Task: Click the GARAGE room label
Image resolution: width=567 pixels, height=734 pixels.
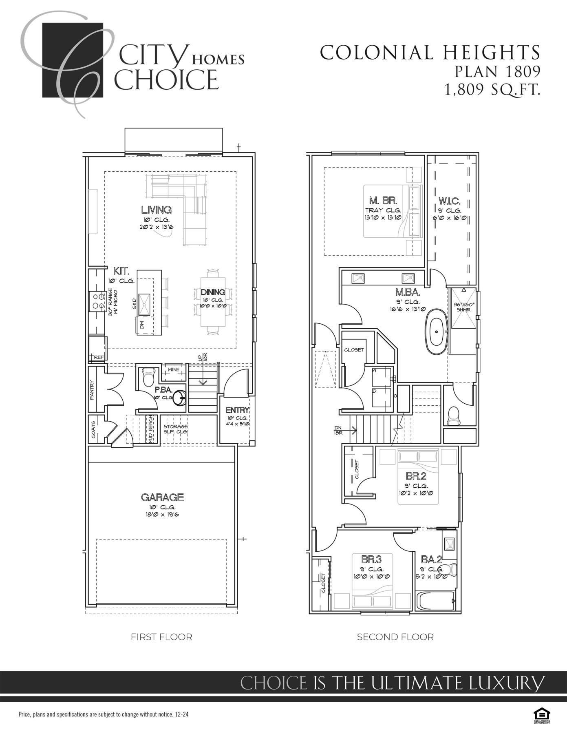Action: [x=162, y=497]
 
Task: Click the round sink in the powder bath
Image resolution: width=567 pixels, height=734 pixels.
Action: [x=180, y=398]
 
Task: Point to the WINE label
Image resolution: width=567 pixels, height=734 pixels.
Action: [x=174, y=369]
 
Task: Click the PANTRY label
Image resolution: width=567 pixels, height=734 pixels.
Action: [x=93, y=390]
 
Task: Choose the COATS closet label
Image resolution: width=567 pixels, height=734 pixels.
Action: [x=94, y=429]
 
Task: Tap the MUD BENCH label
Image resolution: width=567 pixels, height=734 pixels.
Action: [x=150, y=430]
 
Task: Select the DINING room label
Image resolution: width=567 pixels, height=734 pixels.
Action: [x=213, y=292]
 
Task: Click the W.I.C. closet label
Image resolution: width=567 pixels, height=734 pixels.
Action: [x=450, y=201]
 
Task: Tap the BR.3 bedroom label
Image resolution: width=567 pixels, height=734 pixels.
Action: [x=371, y=559]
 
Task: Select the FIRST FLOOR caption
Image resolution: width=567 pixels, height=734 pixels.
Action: [x=161, y=637]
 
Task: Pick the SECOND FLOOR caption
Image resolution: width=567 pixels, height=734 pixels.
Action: [x=395, y=637]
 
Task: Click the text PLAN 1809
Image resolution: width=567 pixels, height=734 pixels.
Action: [x=497, y=72]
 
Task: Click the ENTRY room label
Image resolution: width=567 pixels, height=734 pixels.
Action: [x=237, y=410]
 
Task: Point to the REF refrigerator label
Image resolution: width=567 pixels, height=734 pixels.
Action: [x=98, y=357]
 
